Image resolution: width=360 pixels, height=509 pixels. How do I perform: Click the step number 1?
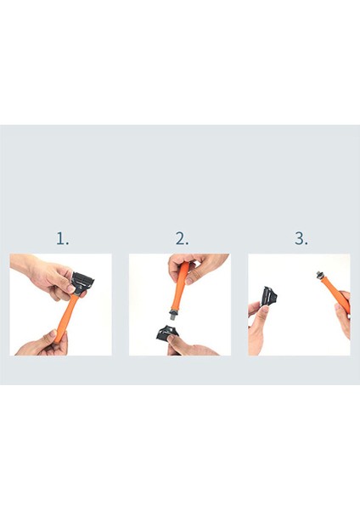pyautogui.click(x=62, y=238)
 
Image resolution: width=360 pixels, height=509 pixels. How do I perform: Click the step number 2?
pyautogui.click(x=181, y=238)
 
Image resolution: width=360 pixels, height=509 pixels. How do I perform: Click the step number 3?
pyautogui.click(x=301, y=238)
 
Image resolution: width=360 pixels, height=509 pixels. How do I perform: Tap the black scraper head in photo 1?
pyautogui.click(x=82, y=282)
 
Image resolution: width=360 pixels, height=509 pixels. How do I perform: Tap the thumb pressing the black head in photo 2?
pyautogui.click(x=175, y=340)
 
